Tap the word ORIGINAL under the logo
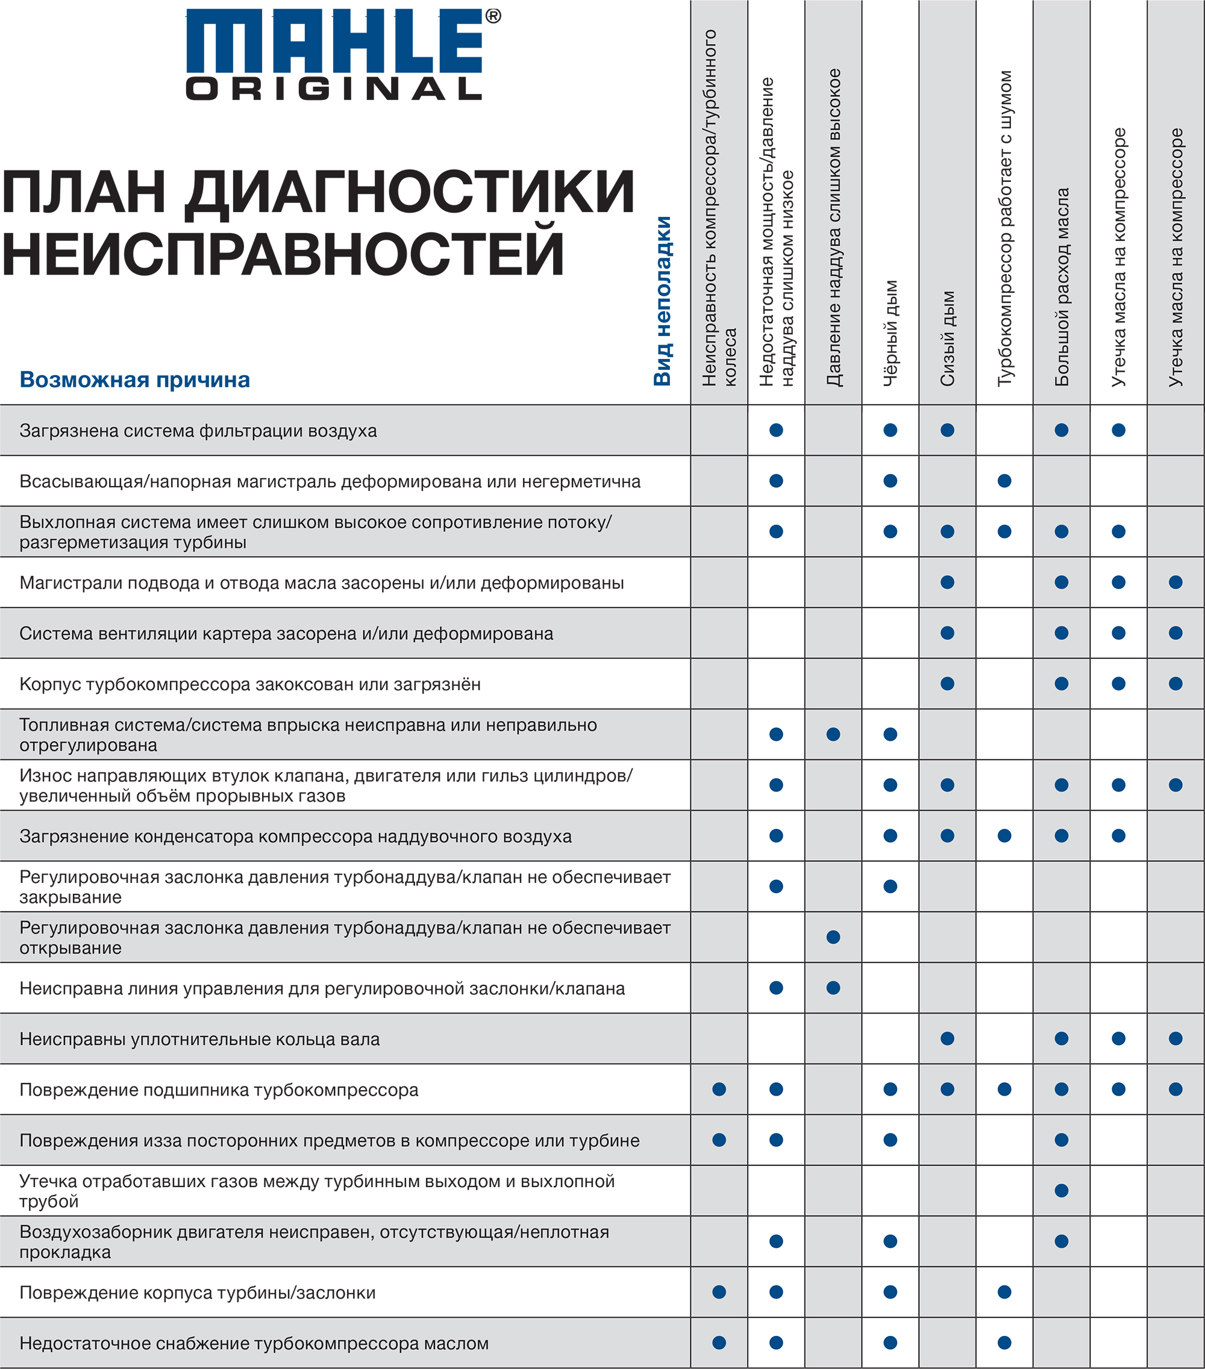(334, 89)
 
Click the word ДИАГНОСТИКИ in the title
(409, 192)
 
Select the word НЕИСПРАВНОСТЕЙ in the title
(283, 253)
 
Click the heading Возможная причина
(134, 380)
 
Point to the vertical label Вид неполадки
(662, 301)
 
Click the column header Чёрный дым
(890, 333)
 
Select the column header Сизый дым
(947, 338)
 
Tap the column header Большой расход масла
(1062, 287)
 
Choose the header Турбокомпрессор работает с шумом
(1005, 228)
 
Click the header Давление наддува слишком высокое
(833, 227)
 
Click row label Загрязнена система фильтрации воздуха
(198, 431)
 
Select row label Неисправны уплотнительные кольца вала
(199, 1039)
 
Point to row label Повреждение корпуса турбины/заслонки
(198, 1293)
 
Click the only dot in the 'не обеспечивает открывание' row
(833, 937)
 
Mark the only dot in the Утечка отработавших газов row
(1062, 1191)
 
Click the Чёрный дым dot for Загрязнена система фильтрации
(890, 430)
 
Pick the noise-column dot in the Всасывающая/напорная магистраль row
(1005, 481)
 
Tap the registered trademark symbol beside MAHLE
(493, 17)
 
